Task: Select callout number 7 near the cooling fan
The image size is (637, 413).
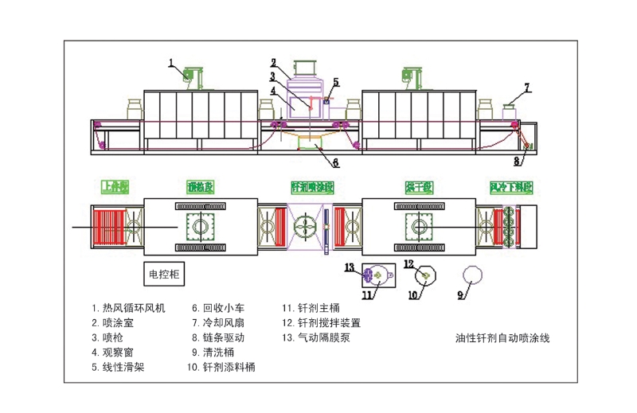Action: (526, 87)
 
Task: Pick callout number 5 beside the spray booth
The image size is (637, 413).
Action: (336, 81)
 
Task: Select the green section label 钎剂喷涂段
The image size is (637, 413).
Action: (312, 187)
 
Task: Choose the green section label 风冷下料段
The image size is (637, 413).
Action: (510, 187)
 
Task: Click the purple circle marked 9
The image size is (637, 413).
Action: (473, 275)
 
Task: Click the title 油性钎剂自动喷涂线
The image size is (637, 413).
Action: (502, 337)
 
